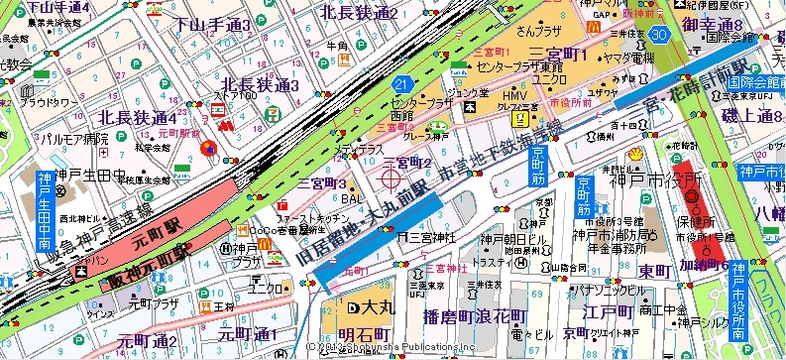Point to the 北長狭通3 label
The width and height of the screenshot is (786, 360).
(x=261, y=86)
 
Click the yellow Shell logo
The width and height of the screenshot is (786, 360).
(x=635, y=156)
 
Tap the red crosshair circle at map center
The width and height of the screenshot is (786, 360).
(x=390, y=180)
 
